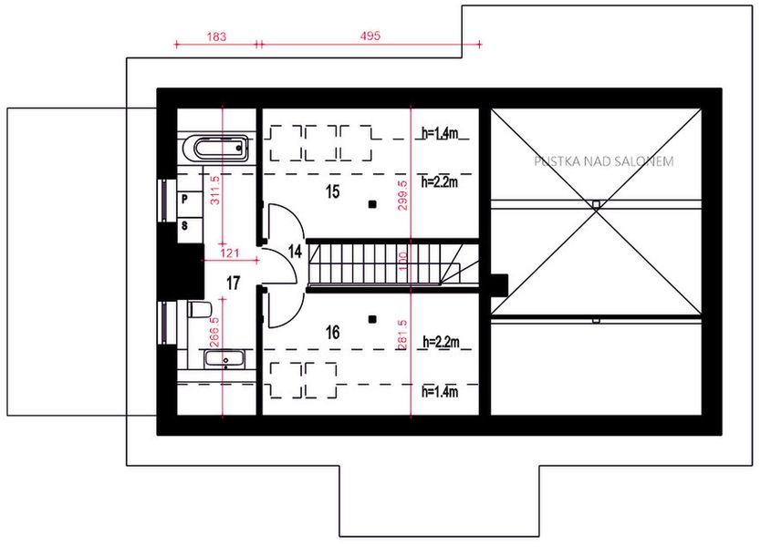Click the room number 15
332,191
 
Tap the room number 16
332,333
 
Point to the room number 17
233,284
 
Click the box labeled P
183,198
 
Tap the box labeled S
183,224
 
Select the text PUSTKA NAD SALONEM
604,161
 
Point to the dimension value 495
370,36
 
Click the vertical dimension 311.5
216,191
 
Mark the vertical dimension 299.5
403,193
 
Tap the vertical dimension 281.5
403,335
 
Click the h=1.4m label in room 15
440,134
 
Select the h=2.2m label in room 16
440,342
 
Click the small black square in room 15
372,204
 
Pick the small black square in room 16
372,318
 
